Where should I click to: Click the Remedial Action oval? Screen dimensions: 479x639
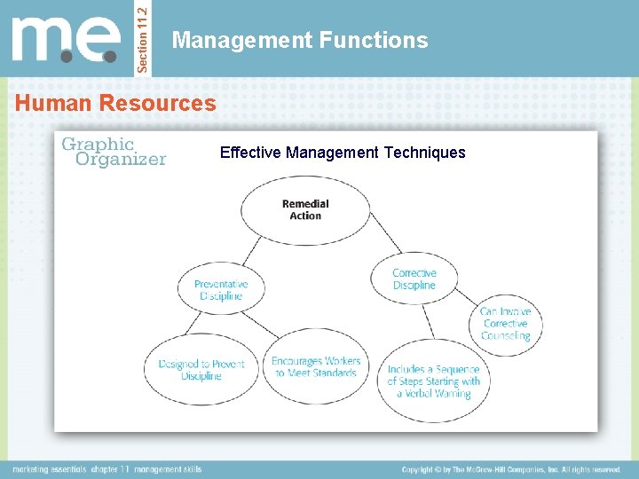[x=304, y=209]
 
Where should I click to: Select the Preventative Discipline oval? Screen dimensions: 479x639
[x=221, y=289]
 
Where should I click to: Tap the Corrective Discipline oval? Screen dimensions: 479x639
[x=414, y=279]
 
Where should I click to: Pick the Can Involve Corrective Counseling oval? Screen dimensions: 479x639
[x=505, y=324]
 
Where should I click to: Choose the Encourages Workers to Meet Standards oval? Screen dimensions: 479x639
[x=315, y=366]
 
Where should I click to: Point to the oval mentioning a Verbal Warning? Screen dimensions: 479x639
[x=433, y=381]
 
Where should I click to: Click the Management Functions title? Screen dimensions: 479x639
[x=300, y=40]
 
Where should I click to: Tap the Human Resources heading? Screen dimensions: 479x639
[x=115, y=103]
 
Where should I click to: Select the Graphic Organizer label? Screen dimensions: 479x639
[x=113, y=152]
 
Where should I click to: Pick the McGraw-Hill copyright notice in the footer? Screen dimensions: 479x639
[x=511, y=469]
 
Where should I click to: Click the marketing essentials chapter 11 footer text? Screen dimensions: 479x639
[x=107, y=469]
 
